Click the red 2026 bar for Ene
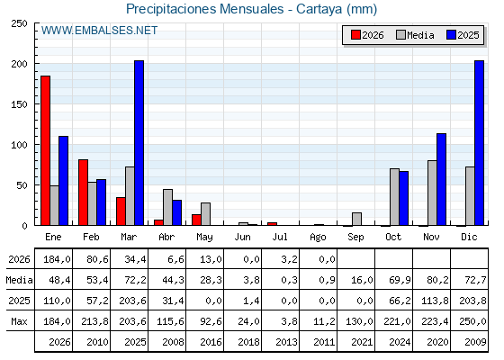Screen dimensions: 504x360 45,150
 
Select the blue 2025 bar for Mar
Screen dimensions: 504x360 139,143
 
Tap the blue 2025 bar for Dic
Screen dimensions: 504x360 479,143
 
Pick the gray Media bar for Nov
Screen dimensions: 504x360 432,193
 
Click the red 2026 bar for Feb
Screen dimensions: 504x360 83,193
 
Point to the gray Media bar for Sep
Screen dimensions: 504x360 356,219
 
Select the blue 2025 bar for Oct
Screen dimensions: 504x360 403,198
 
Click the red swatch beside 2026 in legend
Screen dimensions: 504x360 355,35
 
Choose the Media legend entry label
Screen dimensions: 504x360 420,35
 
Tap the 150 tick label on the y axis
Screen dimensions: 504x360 19,104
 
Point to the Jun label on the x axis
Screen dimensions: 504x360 242,238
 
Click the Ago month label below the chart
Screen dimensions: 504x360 318,238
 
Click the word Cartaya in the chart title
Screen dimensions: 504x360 319,9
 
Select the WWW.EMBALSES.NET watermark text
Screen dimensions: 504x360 99,31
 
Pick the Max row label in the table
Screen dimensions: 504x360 19,321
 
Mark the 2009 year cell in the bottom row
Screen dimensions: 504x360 475,342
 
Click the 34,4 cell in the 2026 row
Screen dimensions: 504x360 135,259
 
